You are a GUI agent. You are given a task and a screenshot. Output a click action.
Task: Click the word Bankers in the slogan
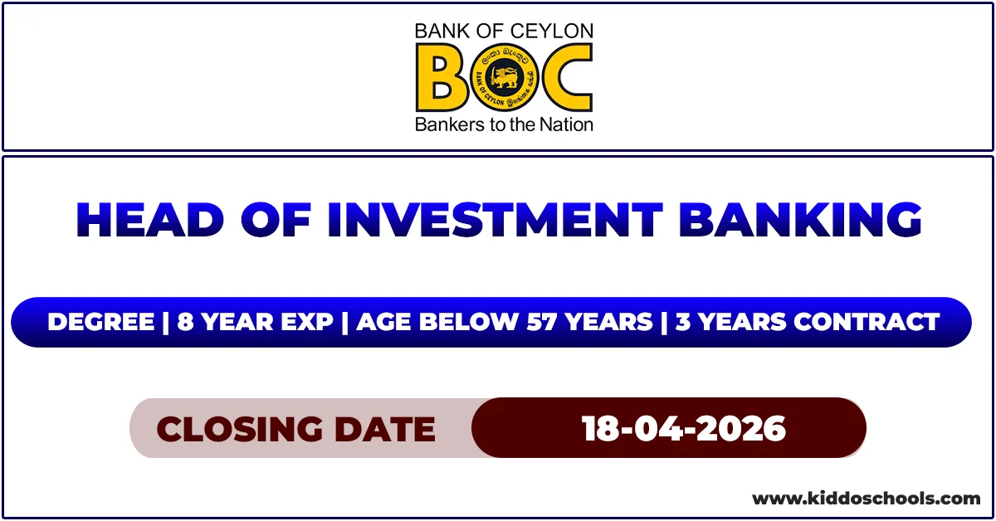(443, 125)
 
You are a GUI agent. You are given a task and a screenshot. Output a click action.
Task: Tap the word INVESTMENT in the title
(494, 220)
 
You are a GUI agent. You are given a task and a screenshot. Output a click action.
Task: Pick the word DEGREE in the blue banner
(100, 322)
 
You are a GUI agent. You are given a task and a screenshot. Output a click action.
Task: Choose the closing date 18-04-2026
(683, 429)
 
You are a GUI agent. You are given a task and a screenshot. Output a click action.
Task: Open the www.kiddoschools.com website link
(866, 499)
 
